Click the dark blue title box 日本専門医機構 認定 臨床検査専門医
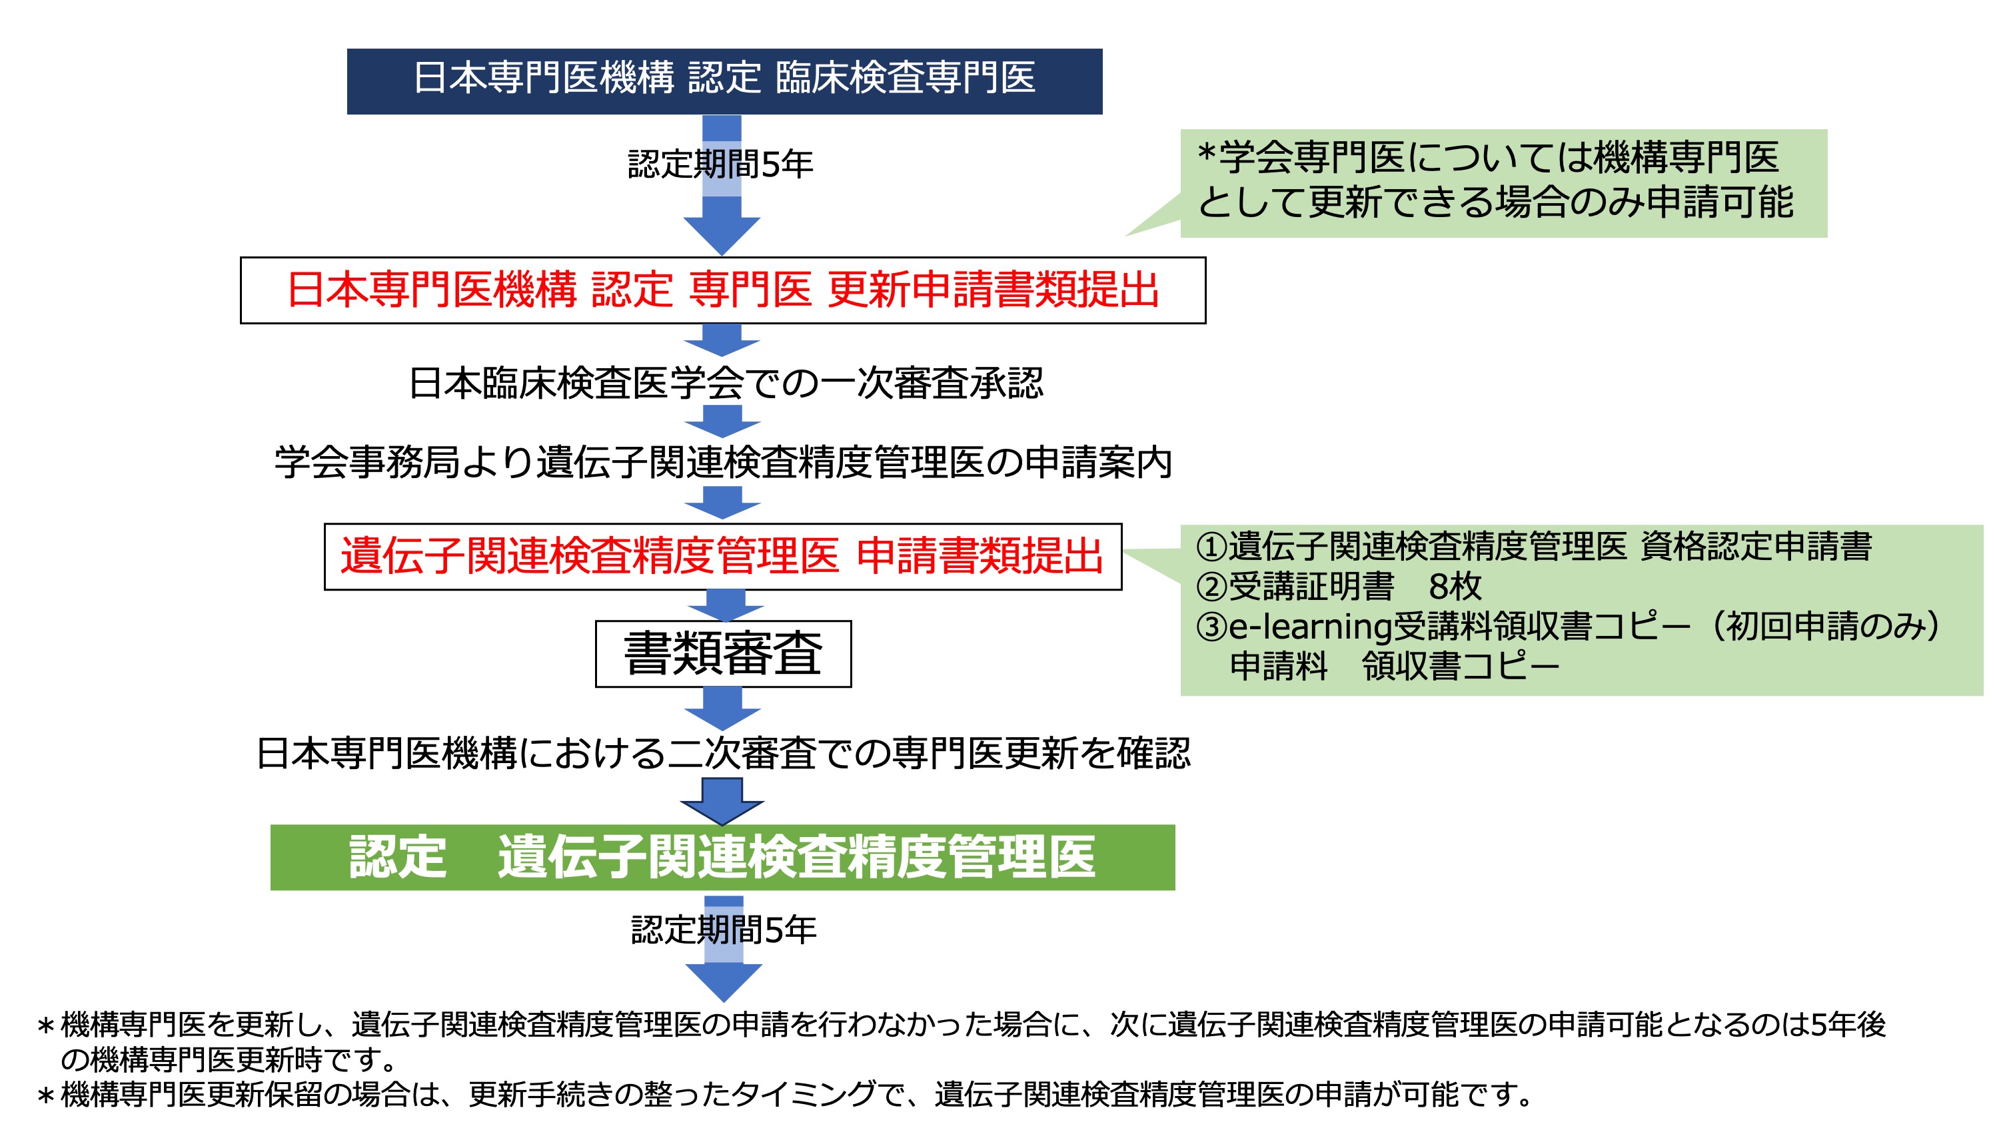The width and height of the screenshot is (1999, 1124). click(724, 81)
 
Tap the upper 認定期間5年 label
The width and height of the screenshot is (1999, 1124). click(720, 164)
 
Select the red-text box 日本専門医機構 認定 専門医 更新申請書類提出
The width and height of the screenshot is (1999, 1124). click(722, 290)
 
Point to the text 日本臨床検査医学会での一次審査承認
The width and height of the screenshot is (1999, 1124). click(726, 383)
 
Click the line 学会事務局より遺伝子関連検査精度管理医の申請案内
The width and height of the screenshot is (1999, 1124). click(722, 462)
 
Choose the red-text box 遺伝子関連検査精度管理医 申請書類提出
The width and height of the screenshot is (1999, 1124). click(722, 557)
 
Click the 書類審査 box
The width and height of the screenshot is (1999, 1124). click(723, 653)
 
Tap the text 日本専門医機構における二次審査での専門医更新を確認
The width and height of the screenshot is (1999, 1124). click(723, 753)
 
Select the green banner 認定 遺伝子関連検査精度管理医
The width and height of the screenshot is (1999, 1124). click(722, 857)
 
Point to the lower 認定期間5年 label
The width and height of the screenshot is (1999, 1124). click(723, 930)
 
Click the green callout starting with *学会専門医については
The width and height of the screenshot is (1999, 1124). click(1503, 183)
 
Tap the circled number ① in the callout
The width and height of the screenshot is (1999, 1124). click(1211, 547)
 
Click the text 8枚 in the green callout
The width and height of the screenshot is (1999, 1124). click(1455, 587)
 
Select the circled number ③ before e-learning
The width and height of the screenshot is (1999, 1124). click(1211, 627)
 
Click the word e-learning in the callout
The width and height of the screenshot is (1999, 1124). click(1311, 627)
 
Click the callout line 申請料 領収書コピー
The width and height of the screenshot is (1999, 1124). click(1395, 667)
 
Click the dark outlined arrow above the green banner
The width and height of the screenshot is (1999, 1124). click(722, 801)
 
